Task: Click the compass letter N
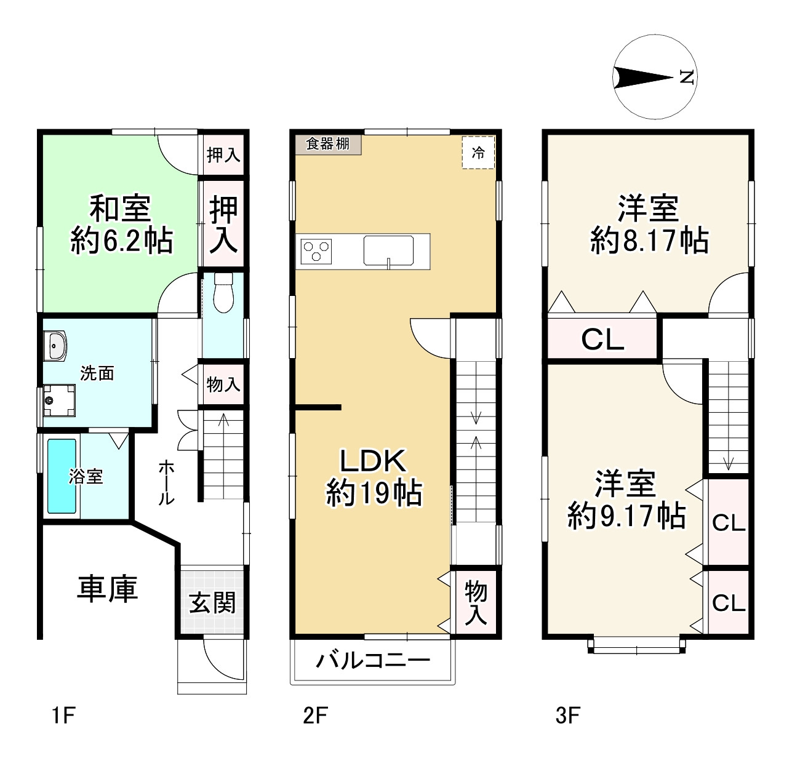tap(687, 78)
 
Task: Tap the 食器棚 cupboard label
tap(327, 144)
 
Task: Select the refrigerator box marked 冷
tap(478, 152)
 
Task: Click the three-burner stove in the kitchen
tap(316, 252)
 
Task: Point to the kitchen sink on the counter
tap(388, 250)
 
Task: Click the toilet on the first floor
tap(222, 293)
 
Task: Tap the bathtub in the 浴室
tap(62, 476)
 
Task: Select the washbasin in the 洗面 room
tap(55, 346)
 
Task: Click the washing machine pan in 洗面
tap(58, 400)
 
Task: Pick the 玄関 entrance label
tap(212, 602)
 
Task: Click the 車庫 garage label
tap(107, 588)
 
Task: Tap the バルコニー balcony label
tap(373, 661)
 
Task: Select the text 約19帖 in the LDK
tap(374, 493)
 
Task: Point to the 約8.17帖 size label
tap(649, 240)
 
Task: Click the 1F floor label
tap(63, 716)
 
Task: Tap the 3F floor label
tap(567, 716)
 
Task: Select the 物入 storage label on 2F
tap(476, 602)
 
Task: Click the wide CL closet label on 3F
tap(602, 339)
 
